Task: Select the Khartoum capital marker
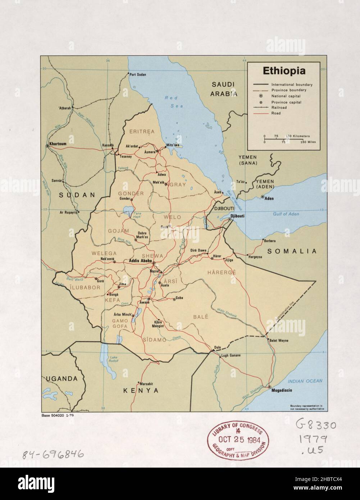point(47,146)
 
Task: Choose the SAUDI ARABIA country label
point(223,89)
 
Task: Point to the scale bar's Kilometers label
point(300,136)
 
